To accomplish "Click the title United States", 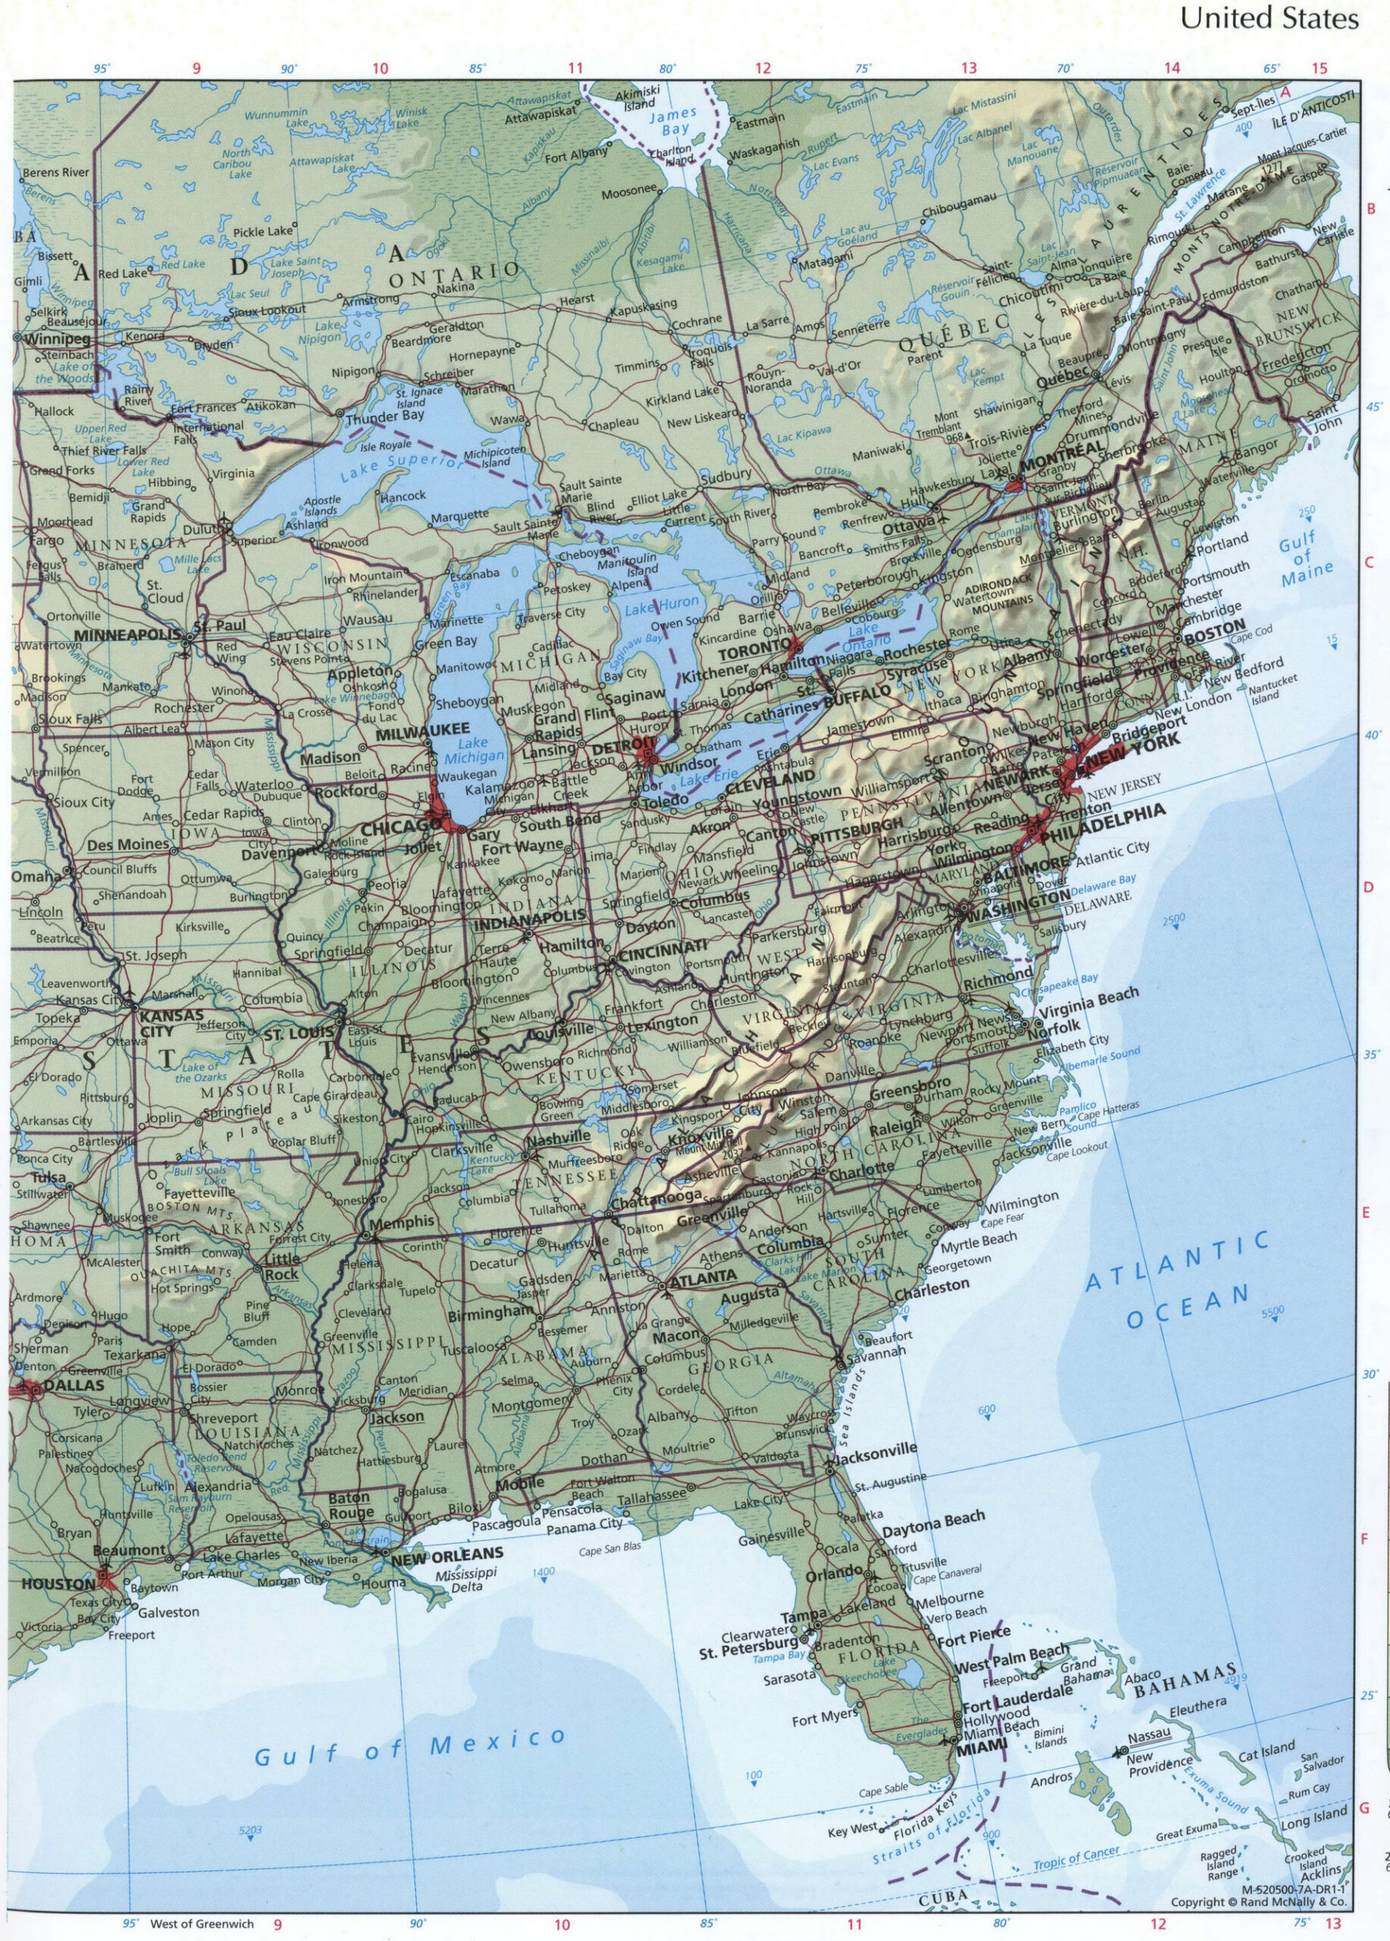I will tap(1269, 20).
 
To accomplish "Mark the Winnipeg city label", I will tap(40, 338).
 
